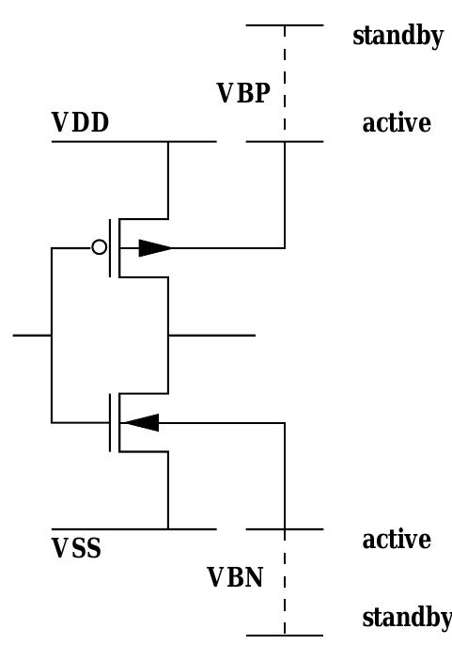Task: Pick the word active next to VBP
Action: click(397, 123)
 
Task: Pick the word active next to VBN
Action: click(397, 541)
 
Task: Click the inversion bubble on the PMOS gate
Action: click(99, 248)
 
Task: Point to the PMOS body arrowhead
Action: click(155, 248)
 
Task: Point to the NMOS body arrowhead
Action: click(141, 422)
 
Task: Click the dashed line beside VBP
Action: click(284, 85)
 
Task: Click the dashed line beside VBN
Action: click(284, 583)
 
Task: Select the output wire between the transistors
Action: click(211, 335)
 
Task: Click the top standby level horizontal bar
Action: click(284, 25)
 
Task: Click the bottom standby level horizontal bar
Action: click(284, 636)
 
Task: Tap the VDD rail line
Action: click(132, 142)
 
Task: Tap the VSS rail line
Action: click(132, 529)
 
